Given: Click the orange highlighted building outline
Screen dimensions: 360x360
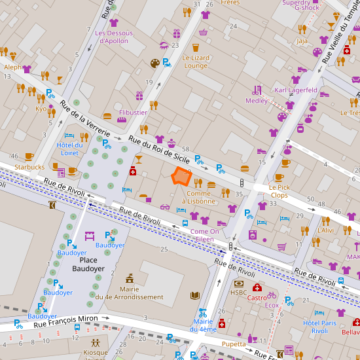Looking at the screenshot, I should click(181, 177).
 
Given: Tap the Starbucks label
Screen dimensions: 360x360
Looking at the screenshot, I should click(29, 167).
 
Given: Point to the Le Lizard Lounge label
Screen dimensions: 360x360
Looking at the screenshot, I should click(196, 62).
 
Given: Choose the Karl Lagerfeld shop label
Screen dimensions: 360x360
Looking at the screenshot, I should click(296, 90).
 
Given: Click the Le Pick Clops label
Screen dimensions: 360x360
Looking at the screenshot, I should click(279, 191).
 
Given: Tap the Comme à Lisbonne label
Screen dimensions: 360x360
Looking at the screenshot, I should click(199, 197).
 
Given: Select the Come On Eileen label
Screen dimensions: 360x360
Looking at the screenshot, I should click(204, 235).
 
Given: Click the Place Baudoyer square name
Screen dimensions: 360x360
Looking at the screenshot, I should click(88, 264).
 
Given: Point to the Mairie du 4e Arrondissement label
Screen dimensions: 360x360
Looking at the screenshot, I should click(133, 293).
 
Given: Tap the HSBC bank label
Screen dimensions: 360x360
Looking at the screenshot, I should click(239, 293).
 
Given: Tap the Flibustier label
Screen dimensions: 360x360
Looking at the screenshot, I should click(133, 112).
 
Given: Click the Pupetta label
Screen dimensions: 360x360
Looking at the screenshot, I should click(234, 344).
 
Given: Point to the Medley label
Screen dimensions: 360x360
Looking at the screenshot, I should click(257, 100).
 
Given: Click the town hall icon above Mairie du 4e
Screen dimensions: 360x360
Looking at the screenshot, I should click(130, 278).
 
